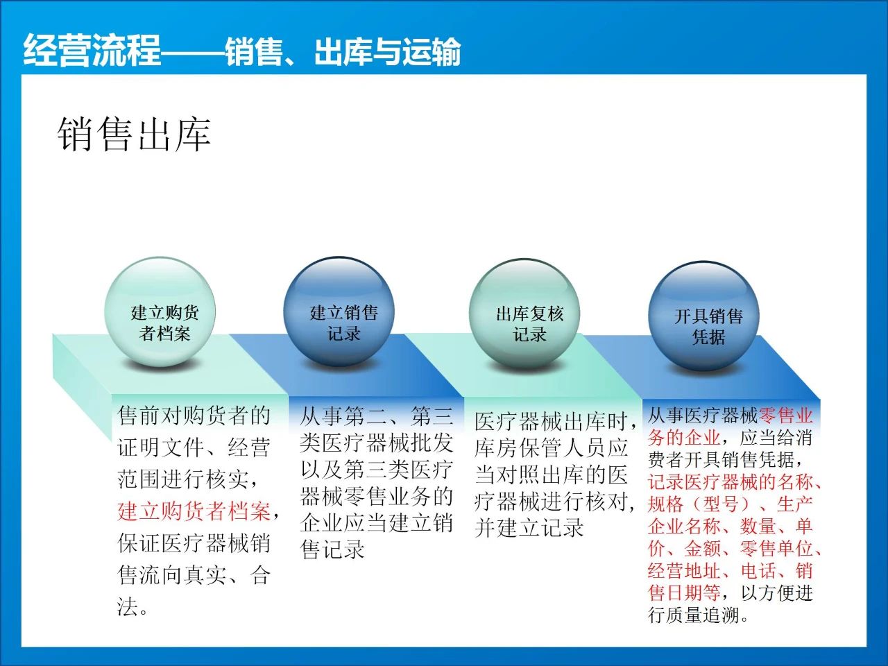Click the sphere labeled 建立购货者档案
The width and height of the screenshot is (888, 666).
click(x=160, y=311)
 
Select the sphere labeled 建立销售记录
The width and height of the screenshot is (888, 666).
click(x=339, y=311)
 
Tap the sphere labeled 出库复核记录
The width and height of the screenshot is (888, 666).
click(x=524, y=314)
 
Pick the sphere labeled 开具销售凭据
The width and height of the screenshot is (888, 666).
click(x=703, y=316)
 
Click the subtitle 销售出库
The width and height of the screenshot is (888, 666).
click(x=134, y=135)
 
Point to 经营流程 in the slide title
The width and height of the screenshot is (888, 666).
click(x=92, y=50)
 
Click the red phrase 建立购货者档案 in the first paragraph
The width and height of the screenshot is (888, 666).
click(x=194, y=511)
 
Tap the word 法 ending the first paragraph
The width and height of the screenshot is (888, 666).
click(x=128, y=606)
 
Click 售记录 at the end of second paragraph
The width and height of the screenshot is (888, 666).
click(x=332, y=549)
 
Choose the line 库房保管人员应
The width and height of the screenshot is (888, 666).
click(x=552, y=447)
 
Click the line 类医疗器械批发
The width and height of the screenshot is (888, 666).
click(x=376, y=443)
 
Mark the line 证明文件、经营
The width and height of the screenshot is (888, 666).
click(x=194, y=447)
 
